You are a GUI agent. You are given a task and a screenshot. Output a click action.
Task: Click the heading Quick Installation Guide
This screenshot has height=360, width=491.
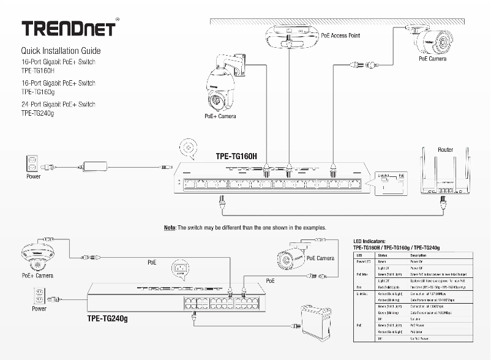(61, 51)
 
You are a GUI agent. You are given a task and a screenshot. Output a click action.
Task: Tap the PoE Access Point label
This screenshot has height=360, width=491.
(340, 36)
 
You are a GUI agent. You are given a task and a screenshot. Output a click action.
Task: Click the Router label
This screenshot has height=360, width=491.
(445, 149)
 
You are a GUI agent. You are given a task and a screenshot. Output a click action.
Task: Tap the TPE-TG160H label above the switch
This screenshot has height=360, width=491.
(236, 156)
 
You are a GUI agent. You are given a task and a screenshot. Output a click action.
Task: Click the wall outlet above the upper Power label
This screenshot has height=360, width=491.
(32, 164)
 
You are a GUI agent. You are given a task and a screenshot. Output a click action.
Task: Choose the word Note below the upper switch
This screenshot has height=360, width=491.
(170, 227)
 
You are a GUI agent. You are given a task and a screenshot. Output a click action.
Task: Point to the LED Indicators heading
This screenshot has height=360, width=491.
(376, 242)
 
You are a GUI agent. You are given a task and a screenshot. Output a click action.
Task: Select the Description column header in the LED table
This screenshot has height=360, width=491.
(418, 254)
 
